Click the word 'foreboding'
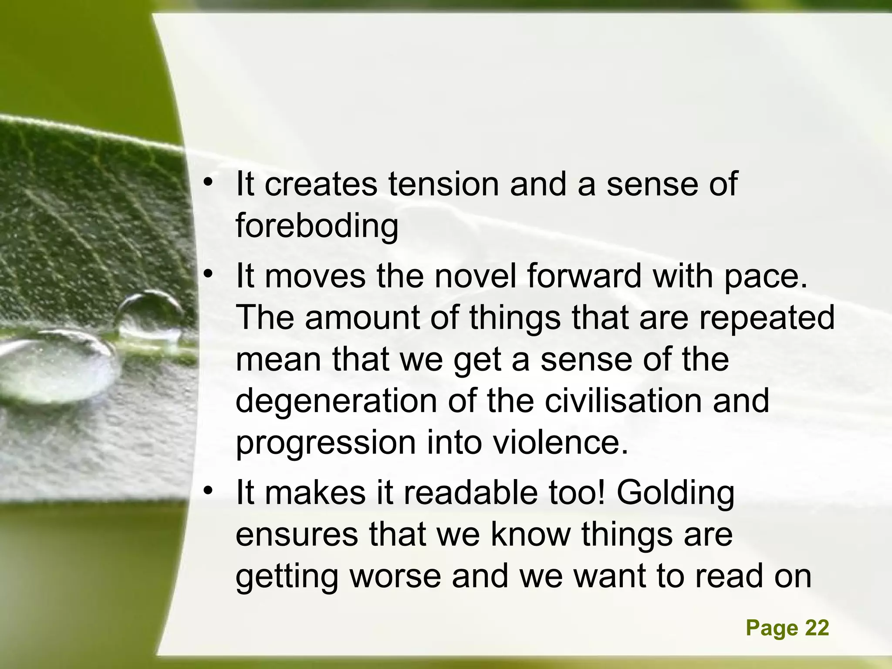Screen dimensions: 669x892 pos(317,226)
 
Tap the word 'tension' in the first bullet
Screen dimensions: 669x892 pos(443,184)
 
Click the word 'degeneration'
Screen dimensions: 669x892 pos(336,402)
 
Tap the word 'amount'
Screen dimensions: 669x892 pos(362,318)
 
